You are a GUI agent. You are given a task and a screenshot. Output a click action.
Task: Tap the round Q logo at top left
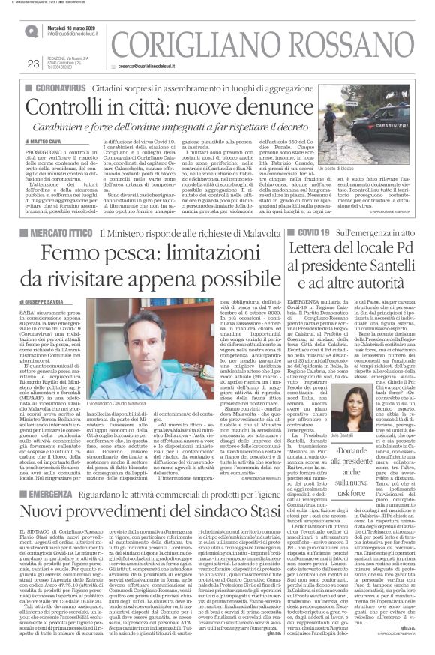click(31, 31)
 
